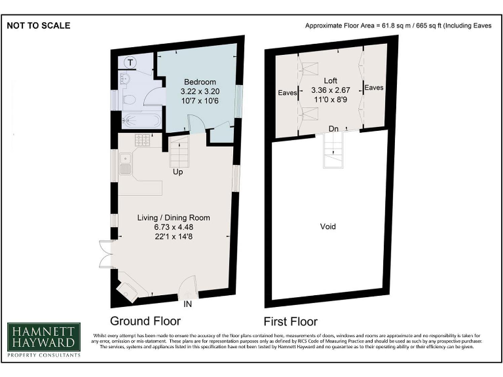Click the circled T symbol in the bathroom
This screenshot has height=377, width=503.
[131, 62]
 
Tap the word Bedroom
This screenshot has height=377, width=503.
[200, 82]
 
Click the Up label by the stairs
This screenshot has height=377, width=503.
[177, 173]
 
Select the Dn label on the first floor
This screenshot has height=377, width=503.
[334, 128]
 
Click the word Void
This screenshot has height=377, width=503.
[327, 226]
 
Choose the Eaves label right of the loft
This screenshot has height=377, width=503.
[374, 87]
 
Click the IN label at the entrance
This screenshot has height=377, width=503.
[188, 305]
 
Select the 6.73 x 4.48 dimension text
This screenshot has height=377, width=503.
[173, 227]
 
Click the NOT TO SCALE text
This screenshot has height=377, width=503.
[39, 26]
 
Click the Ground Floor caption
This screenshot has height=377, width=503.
[145, 321]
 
